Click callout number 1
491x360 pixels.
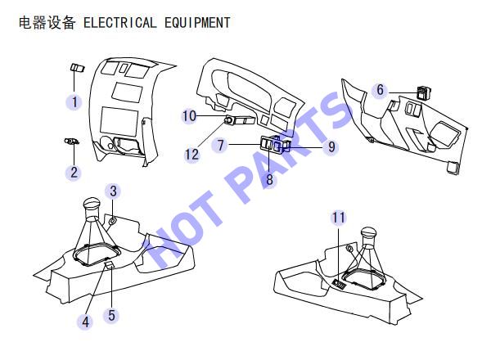[x=74, y=102]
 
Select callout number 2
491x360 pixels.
[x=74, y=173]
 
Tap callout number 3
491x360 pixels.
[x=114, y=191]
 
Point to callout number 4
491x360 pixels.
[x=85, y=322]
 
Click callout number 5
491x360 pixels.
[x=112, y=315]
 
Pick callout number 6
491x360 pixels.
[x=380, y=90]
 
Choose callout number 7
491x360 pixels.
[x=221, y=145]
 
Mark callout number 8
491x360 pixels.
[x=269, y=179]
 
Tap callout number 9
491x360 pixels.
[x=331, y=146]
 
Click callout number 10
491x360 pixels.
[x=190, y=116]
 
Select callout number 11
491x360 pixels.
[x=339, y=218]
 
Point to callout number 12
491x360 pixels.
[x=192, y=155]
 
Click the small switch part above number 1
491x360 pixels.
[x=77, y=68]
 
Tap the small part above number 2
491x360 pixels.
[x=72, y=142]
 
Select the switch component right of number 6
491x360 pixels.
[x=424, y=93]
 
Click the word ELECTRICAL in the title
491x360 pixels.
[x=120, y=23]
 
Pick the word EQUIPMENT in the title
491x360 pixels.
[x=197, y=23]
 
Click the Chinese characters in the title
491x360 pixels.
[x=47, y=23]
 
